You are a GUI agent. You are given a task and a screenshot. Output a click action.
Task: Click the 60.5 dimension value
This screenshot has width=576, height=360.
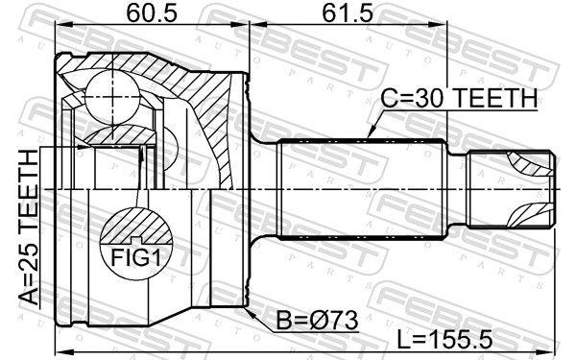tap(152, 13)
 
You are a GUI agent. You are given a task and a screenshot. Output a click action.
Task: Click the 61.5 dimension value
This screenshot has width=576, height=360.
tap(348, 13)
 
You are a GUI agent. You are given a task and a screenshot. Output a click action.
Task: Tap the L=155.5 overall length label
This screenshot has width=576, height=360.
tap(444, 339)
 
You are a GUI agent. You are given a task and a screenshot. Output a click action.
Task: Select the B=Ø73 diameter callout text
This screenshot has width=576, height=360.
tap(317, 320)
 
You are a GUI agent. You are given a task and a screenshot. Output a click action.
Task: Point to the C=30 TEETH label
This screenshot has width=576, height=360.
tap(459, 99)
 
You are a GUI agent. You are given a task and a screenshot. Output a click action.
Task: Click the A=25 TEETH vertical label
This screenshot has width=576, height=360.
tap(29, 227)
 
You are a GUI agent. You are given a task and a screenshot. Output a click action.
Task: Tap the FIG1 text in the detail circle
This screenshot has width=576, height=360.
tap(136, 258)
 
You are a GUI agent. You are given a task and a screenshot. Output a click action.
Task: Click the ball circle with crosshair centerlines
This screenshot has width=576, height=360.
tap(112, 97)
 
